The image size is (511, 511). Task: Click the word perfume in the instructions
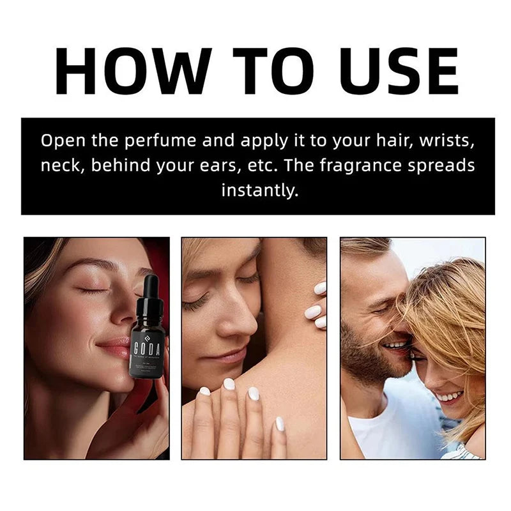168,141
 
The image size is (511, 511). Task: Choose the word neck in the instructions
61,165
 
